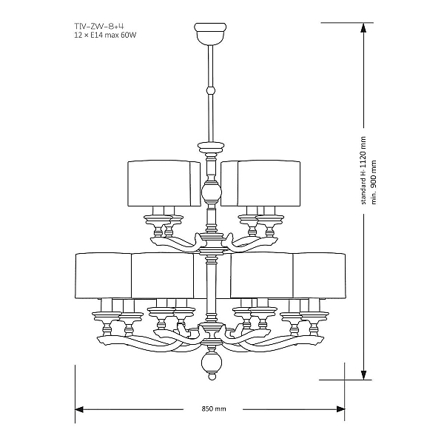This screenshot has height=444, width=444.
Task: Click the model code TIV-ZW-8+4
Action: (x=99, y=27)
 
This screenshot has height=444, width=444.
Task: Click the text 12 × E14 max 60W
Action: (x=105, y=36)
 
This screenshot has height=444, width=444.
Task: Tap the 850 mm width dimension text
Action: (x=214, y=409)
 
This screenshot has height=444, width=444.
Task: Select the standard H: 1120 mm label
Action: (x=363, y=170)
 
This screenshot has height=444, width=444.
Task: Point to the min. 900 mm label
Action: (x=374, y=182)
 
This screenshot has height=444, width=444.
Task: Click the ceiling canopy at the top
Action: (x=210, y=34)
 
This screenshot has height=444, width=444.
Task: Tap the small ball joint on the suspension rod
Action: (x=210, y=90)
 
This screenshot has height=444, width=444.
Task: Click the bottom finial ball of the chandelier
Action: (x=211, y=363)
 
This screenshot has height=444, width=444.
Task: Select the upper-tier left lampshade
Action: (x=164, y=184)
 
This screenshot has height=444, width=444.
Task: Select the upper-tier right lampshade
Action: (x=260, y=184)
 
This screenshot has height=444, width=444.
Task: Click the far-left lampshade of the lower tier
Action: (x=104, y=275)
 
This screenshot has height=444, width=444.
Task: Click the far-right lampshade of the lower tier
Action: (x=319, y=275)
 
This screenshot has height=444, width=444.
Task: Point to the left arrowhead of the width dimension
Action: (x=79, y=409)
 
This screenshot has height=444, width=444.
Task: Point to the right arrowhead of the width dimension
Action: (x=340, y=409)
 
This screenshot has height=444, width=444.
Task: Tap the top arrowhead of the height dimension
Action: (x=364, y=27)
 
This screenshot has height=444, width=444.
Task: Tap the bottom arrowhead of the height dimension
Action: (x=364, y=375)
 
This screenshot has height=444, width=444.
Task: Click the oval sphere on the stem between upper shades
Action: (x=211, y=193)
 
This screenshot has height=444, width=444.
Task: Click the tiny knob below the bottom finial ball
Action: (x=212, y=377)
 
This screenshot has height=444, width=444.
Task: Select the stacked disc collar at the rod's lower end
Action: (x=211, y=147)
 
